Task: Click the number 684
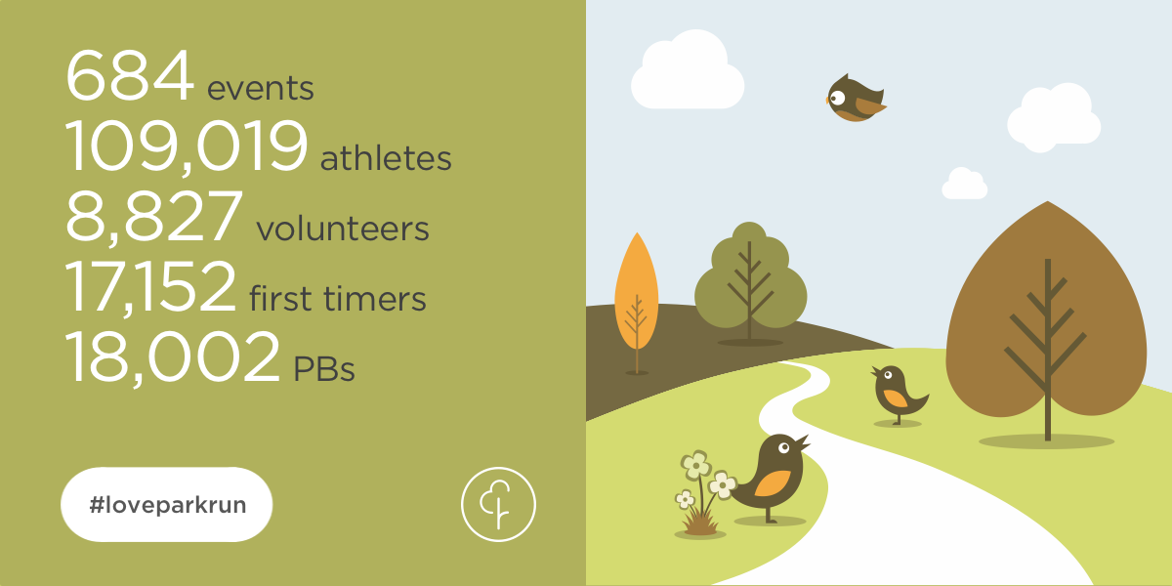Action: (129, 77)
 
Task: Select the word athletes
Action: (386, 158)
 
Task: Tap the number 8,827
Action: (153, 217)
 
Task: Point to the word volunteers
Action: (343, 229)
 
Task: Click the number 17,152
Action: (150, 286)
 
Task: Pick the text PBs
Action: (324, 369)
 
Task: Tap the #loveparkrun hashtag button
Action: (166, 504)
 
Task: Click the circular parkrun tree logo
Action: (498, 504)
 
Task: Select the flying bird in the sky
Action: (855, 99)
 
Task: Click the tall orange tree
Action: (636, 293)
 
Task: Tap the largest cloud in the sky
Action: (688, 70)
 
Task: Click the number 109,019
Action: (186, 147)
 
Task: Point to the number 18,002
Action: (172, 356)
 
